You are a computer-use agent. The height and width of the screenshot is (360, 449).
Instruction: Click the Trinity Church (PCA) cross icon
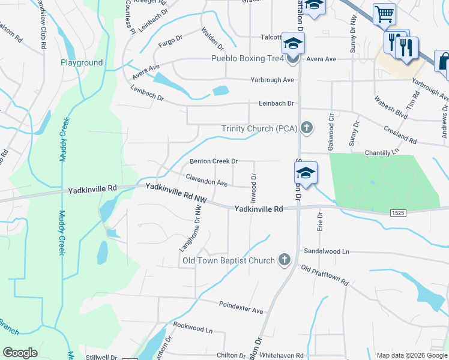(307, 128)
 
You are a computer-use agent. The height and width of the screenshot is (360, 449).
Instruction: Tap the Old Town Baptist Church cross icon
(285, 260)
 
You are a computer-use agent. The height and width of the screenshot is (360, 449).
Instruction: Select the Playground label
(82, 62)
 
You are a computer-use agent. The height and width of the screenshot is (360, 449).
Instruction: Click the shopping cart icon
(384, 13)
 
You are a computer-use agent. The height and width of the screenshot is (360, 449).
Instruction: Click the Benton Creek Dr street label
(214, 161)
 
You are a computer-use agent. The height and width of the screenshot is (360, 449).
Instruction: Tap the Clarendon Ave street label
(206, 179)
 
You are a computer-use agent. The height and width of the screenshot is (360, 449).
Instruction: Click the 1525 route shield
(396, 213)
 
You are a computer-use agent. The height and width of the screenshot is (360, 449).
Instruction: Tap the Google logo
(20, 353)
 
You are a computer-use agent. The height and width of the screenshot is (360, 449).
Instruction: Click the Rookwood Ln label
(193, 328)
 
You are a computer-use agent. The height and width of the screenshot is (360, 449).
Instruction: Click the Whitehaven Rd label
(282, 356)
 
